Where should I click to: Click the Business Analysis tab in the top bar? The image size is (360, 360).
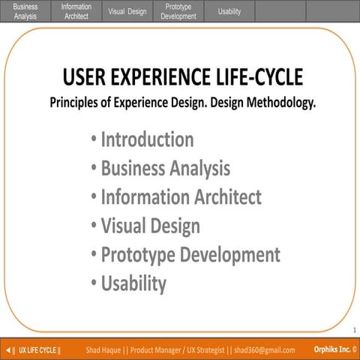pos(25,10)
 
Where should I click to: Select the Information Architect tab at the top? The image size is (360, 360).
pos(76,10)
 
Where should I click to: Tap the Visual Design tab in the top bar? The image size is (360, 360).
pos(127,11)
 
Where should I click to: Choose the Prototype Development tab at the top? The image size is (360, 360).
pos(178,10)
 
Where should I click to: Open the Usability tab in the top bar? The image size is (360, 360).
pos(229,11)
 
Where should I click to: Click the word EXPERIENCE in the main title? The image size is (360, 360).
pos(154,77)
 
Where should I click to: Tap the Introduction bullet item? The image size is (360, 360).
pos(147,139)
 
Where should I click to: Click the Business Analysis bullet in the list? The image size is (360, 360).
pos(165,169)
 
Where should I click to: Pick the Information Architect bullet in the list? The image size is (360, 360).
pos(181,197)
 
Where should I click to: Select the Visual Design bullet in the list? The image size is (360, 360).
pos(150,226)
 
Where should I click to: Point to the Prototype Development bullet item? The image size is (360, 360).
pos(190,255)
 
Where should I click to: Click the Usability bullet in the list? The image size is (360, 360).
pos(133,283)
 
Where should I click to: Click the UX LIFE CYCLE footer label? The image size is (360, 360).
pos(40,350)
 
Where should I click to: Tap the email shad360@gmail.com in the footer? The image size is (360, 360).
pos(259,350)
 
